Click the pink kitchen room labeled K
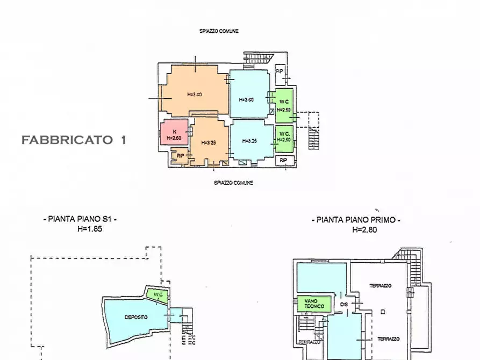tap(174, 135)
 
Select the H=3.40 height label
tap(194, 95)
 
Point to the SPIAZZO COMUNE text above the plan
tap(219, 31)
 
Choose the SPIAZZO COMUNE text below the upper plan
tap(233, 183)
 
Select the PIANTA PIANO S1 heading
tap(80, 219)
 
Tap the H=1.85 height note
tap(90, 228)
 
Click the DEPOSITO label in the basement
tap(136, 318)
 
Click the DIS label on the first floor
tap(344, 307)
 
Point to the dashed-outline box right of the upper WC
tap(309, 120)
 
